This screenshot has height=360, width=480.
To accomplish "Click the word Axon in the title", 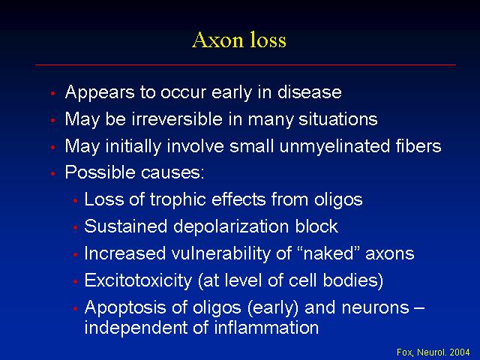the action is [218, 40].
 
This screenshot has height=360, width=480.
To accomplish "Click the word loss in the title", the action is [268, 40].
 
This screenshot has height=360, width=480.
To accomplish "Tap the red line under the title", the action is [245, 65].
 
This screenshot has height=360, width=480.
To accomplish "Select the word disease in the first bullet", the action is [310, 91].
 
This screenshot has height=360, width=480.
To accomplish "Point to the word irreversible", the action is [177, 118].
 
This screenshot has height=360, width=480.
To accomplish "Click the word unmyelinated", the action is [334, 146].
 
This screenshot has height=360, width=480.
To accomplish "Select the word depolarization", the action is [231, 227].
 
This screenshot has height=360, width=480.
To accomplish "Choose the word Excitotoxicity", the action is [138, 281].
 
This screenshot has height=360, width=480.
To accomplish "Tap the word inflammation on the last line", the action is [266, 328].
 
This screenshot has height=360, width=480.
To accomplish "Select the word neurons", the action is [376, 307].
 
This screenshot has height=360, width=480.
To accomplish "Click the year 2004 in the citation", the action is [460, 352].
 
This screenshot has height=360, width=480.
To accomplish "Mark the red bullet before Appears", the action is [53, 93].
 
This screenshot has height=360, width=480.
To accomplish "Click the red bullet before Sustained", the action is [75, 227].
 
